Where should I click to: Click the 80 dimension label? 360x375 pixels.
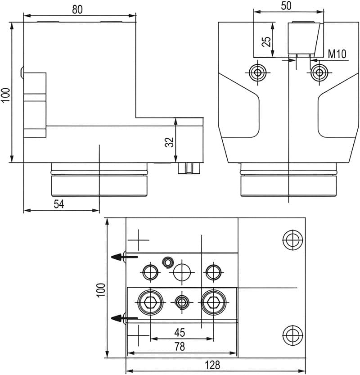(77, 9)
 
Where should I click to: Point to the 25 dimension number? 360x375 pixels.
(266, 41)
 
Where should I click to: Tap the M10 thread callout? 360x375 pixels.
(336, 55)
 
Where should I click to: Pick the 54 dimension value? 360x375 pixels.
(58, 204)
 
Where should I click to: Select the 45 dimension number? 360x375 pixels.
(179, 333)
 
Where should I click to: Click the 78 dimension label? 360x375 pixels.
(179, 347)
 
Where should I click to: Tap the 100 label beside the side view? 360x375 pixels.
(5, 95)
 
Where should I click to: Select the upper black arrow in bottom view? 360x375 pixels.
(118, 257)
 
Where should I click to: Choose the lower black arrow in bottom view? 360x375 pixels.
(118, 318)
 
